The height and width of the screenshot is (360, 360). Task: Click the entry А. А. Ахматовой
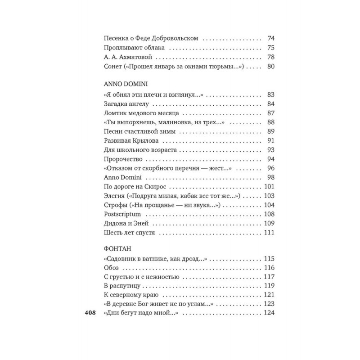(x=126, y=57)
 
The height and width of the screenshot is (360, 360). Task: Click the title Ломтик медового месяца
(x=141, y=114)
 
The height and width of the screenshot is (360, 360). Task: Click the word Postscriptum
(x=122, y=214)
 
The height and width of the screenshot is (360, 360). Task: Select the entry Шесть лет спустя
(x=129, y=233)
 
